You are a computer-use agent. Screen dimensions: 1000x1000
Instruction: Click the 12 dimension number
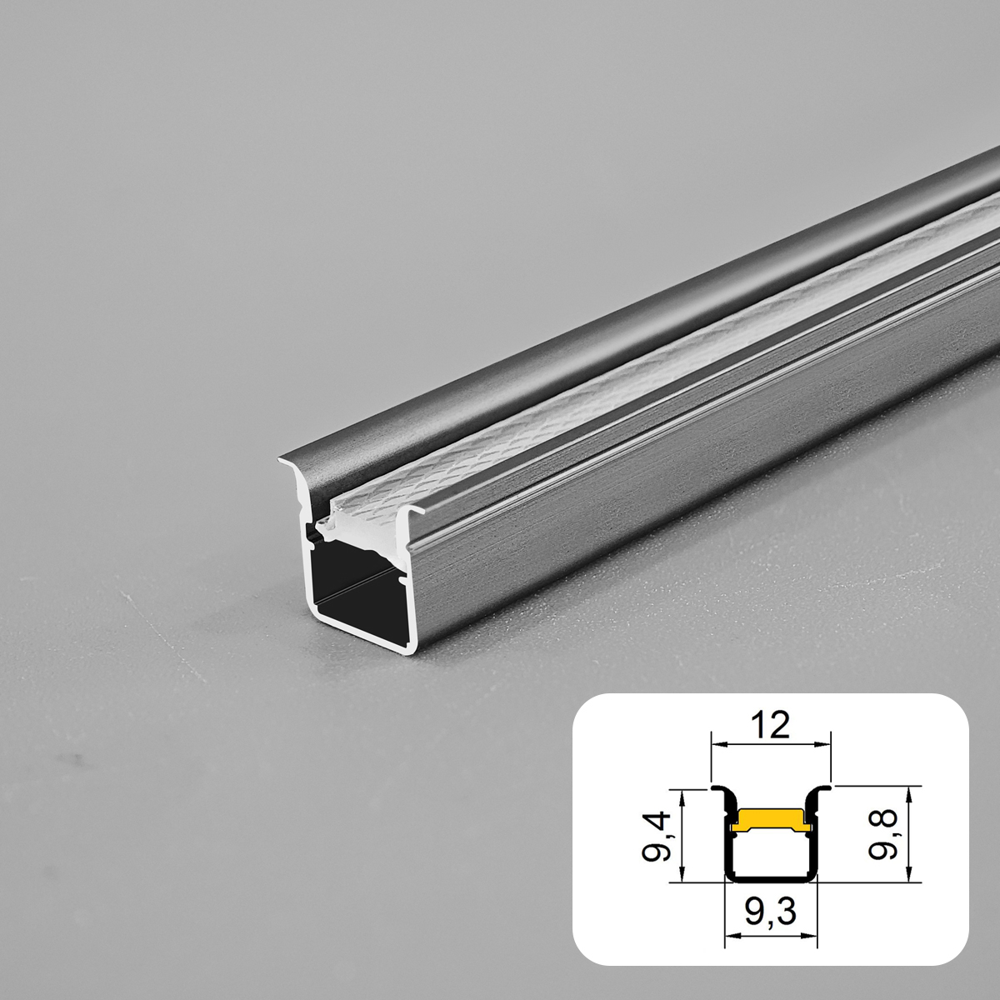coord(772,725)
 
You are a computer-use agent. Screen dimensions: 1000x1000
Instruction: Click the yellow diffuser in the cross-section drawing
coord(771,818)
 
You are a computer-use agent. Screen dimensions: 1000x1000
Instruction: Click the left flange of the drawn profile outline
coord(717,788)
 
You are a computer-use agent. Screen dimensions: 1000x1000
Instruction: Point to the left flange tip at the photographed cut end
coord(282,458)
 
